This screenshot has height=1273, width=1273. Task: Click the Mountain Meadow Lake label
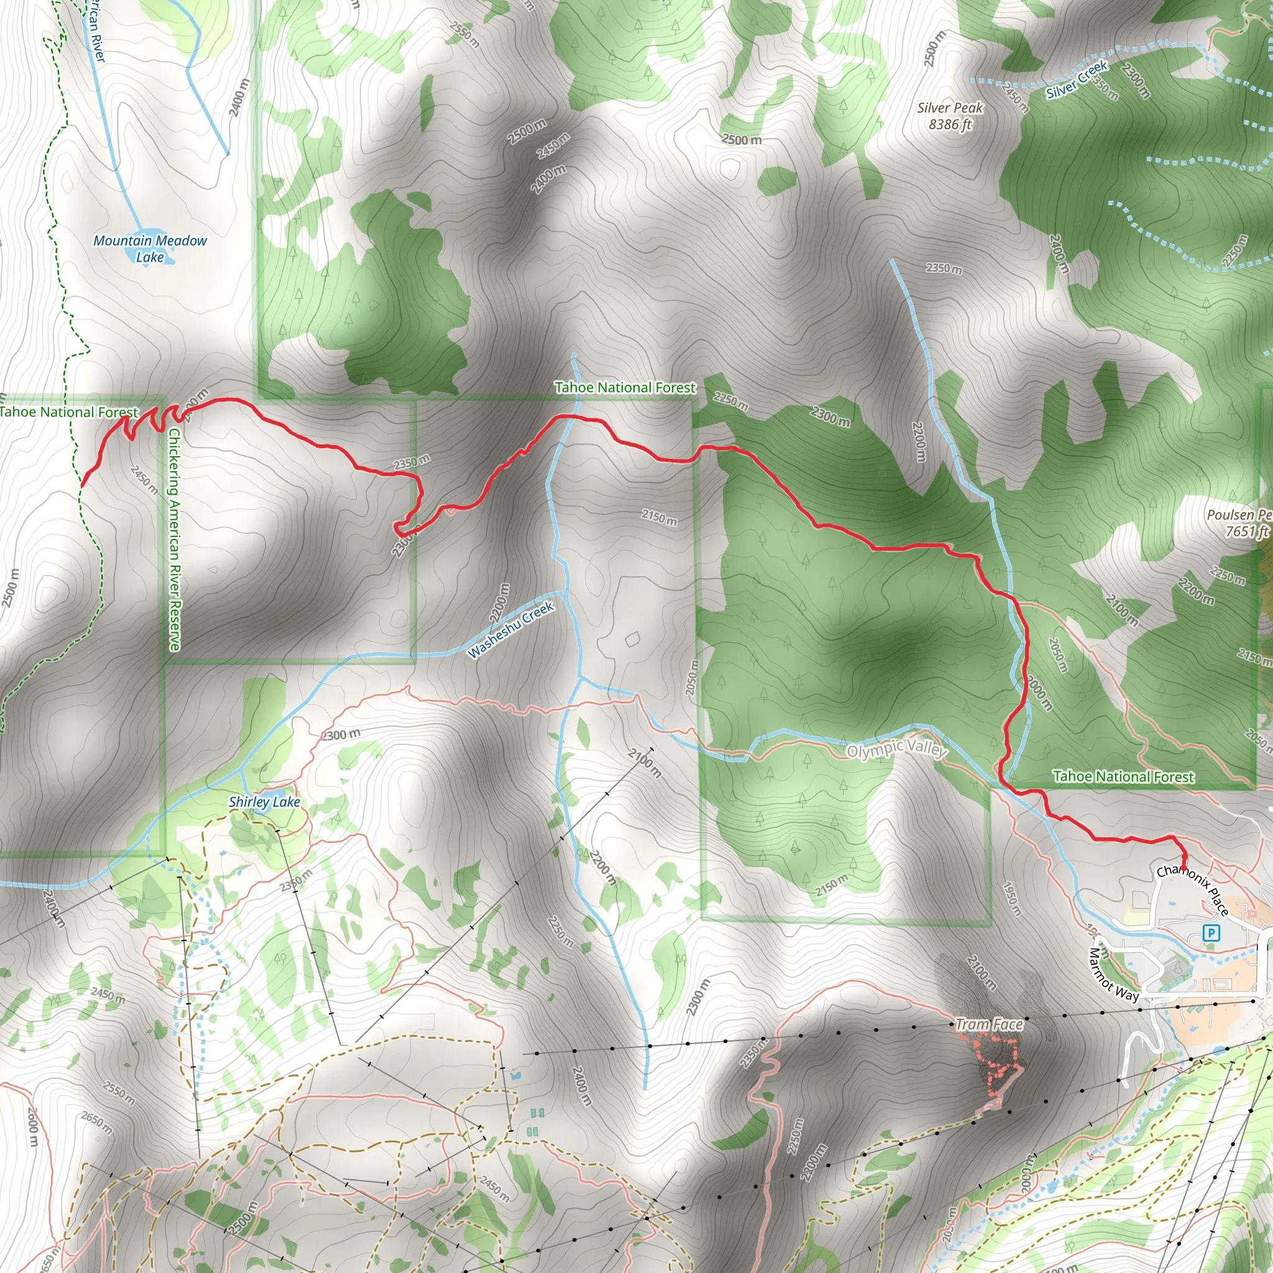point(150,249)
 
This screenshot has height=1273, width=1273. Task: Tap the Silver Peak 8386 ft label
point(950,116)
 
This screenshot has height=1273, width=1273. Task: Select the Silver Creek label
point(1077,79)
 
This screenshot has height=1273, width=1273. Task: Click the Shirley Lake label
point(264,802)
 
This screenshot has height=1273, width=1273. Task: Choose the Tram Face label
point(989,1024)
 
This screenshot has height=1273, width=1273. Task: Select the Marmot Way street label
point(1113,975)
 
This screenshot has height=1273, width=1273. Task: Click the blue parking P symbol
point(1211,933)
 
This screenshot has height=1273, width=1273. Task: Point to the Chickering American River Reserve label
point(174,539)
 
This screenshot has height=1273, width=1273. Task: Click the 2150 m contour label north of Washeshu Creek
point(659,517)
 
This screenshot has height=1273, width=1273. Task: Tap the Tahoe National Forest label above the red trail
point(625,387)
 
